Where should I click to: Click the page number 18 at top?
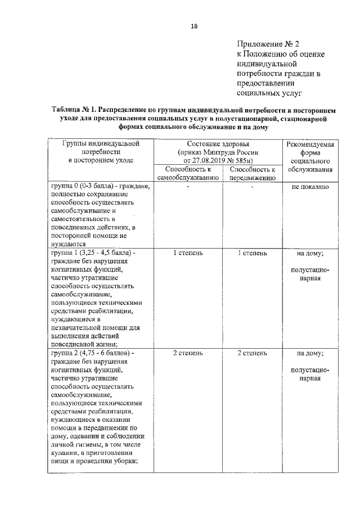(x=193, y=25)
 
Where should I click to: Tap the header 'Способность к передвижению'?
(x=252, y=174)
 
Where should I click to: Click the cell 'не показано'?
(x=310, y=187)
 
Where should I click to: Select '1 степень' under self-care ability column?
(x=187, y=253)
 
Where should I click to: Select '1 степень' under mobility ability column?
(x=252, y=253)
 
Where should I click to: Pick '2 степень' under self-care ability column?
(x=187, y=353)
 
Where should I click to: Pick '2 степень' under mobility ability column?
(x=252, y=353)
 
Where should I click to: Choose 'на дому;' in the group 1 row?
(x=310, y=254)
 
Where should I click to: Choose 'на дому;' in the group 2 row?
(x=310, y=354)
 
